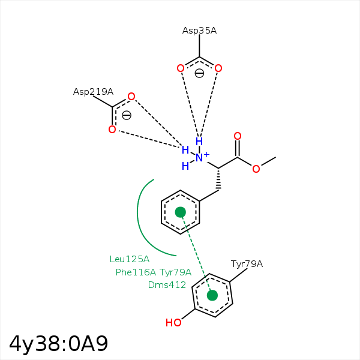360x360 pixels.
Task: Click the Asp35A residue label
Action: pyautogui.click(x=199, y=30)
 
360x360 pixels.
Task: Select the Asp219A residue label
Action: pyautogui.click(x=93, y=92)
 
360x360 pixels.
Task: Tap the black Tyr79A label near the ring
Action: pyautogui.click(x=247, y=264)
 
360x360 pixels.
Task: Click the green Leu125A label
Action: pyautogui.click(x=129, y=259)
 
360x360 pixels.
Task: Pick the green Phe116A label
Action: pyautogui.click(x=136, y=272)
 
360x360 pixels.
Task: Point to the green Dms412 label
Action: pyautogui.click(x=167, y=285)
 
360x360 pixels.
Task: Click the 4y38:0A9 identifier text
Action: pyautogui.click(x=58, y=343)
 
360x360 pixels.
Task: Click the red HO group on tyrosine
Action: pyautogui.click(x=173, y=323)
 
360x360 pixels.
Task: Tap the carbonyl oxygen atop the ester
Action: pyautogui.click(x=238, y=136)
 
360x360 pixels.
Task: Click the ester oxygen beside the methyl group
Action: pyautogui.click(x=256, y=169)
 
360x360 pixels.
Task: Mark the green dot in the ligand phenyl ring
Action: pyautogui.click(x=180, y=212)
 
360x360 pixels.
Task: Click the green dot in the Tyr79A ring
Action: pyautogui.click(x=212, y=295)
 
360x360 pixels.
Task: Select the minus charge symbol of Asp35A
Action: pyautogui.click(x=199, y=73)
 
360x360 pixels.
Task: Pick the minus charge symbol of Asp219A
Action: pyautogui.click(x=127, y=115)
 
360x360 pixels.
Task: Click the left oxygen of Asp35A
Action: pyautogui.click(x=180, y=68)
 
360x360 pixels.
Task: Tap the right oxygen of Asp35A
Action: pyautogui.click(x=218, y=68)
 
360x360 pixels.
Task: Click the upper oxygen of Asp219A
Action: pyautogui.click(x=131, y=97)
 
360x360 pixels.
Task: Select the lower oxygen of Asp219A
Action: pyautogui.click(x=112, y=130)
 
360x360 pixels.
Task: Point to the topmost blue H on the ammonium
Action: pyautogui.click(x=199, y=142)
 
